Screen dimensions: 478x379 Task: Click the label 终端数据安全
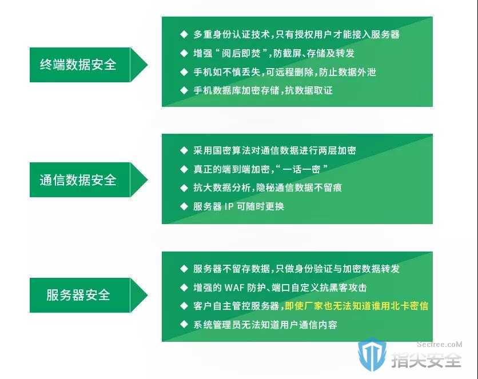(78, 65)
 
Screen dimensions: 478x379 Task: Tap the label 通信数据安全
(78, 179)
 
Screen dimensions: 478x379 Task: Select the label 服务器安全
(78, 295)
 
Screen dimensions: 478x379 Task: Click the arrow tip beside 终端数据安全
(148, 65)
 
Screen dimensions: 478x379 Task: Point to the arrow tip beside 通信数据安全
(148, 179)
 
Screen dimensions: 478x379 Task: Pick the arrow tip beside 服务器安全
(148, 295)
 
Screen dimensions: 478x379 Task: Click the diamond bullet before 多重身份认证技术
(184, 34)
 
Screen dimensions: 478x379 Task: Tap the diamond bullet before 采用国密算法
(184, 150)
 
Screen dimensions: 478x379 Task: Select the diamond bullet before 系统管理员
(184, 325)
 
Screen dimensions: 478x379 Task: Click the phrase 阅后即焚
(241, 53)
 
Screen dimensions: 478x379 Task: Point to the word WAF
(234, 288)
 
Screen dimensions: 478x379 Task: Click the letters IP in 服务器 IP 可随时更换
(229, 206)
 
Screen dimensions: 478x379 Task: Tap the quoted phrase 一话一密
(301, 169)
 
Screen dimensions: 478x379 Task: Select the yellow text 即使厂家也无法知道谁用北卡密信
(356, 306)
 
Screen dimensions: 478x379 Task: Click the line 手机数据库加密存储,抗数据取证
(263, 90)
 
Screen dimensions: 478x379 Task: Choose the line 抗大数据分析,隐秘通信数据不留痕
(268, 187)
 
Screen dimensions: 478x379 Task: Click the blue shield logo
(372, 354)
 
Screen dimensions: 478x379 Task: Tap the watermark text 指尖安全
(426, 360)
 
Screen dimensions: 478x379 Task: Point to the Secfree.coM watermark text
(439, 345)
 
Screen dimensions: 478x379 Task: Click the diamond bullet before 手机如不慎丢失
(184, 72)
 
